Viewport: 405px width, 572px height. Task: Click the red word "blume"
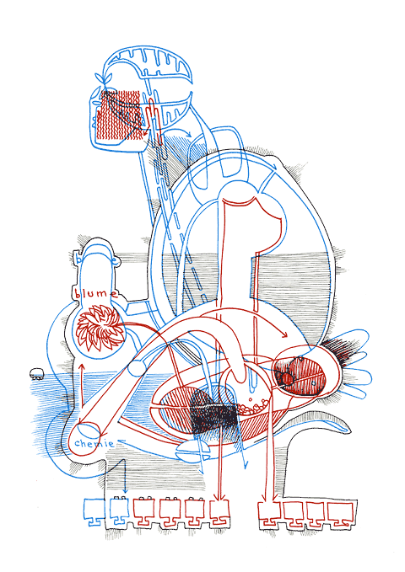click(96, 293)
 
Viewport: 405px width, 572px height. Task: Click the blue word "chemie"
click(94, 444)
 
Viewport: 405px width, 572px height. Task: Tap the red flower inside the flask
click(100, 328)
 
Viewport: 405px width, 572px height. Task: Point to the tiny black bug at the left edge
click(36, 373)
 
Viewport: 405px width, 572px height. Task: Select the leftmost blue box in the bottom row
click(93, 512)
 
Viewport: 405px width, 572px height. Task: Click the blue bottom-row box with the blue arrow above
click(119, 511)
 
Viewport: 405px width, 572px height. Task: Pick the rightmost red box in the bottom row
click(341, 516)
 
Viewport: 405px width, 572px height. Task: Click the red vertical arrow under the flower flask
click(82, 385)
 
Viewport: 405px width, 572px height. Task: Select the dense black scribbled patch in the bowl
click(212, 411)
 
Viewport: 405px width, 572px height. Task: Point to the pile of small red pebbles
click(253, 406)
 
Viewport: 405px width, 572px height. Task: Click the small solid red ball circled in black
click(286, 378)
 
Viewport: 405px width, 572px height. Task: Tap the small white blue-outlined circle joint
click(134, 368)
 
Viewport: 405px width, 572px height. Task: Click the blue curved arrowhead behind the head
click(188, 135)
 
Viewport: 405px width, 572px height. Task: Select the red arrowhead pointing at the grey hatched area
click(284, 334)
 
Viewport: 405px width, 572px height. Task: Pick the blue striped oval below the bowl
click(194, 453)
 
